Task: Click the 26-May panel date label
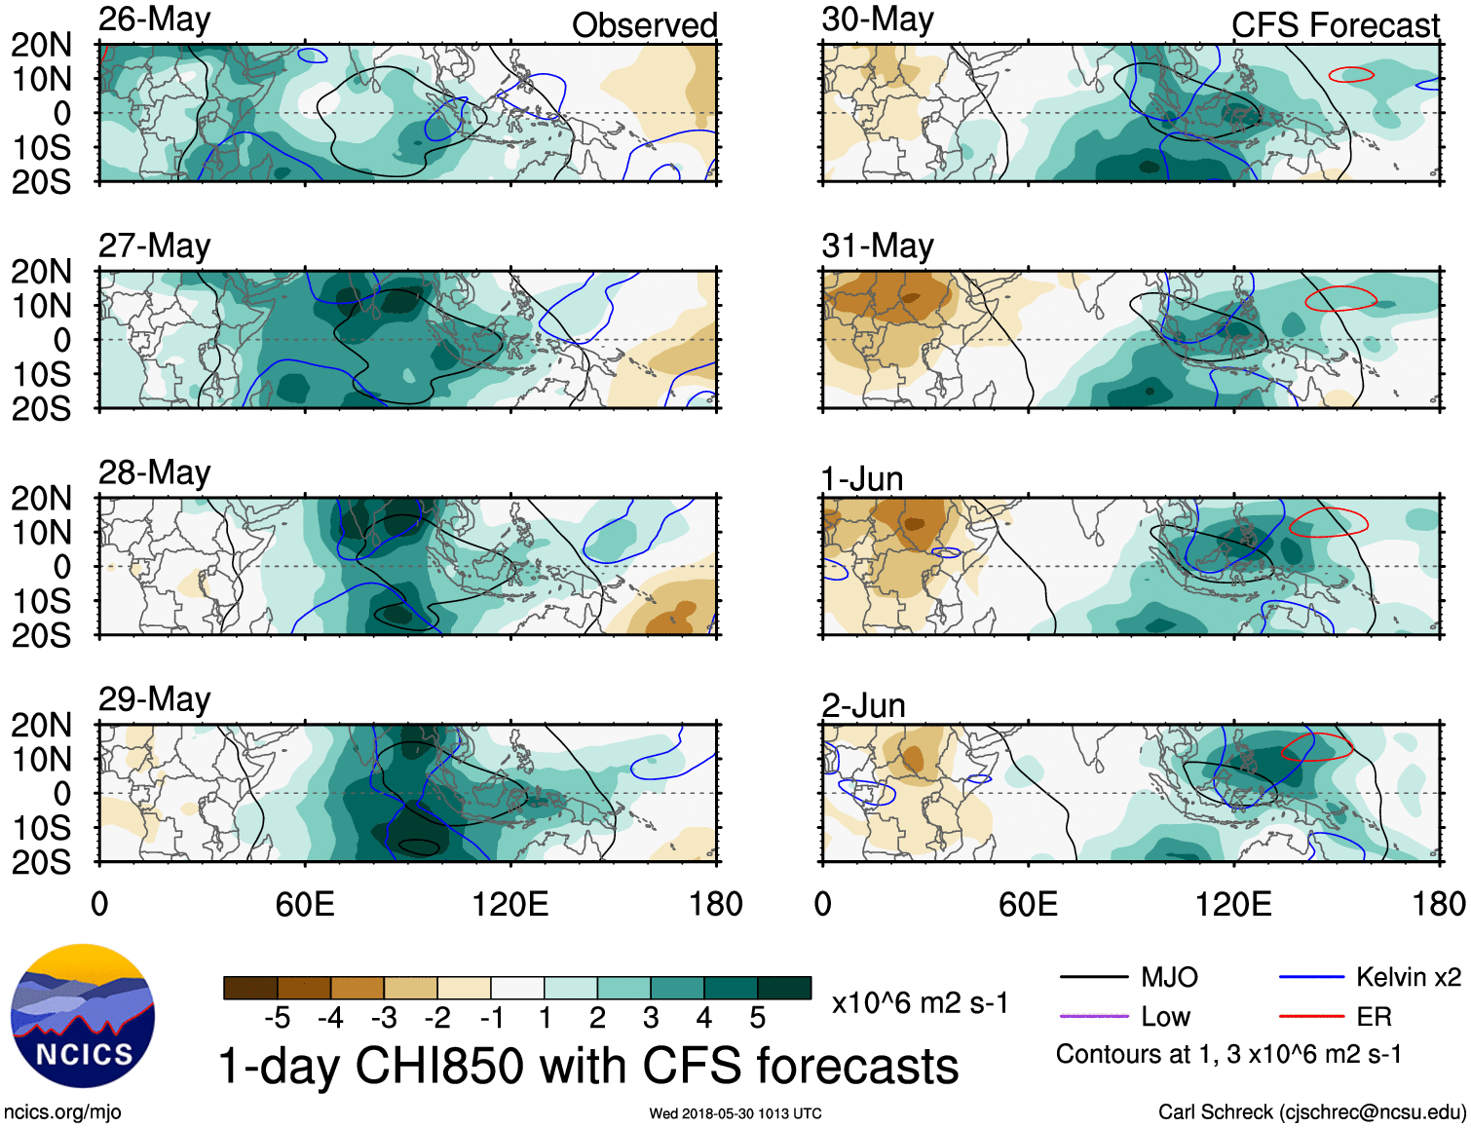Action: click(154, 19)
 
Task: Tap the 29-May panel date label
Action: click(154, 699)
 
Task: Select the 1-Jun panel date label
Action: click(862, 479)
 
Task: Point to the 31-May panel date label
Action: click(877, 245)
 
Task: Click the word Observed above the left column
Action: click(644, 25)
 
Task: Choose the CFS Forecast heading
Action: click(1335, 25)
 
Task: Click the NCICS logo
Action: click(83, 1016)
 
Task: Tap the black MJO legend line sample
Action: click(1093, 977)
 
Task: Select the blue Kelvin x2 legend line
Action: click(1310, 977)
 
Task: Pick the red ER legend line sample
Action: click(1310, 1017)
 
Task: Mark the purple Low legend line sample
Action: click(1093, 1017)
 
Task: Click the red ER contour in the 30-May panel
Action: click(1352, 74)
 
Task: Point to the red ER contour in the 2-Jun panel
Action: click(1317, 747)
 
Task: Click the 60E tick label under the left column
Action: click(305, 904)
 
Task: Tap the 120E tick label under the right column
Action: click(1233, 904)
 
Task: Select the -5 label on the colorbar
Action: click(277, 1019)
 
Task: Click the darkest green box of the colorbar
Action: click(784, 988)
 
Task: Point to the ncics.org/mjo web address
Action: click(62, 1112)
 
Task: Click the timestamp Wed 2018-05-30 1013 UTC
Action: click(735, 1113)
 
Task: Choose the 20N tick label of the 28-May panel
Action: click(41, 499)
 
